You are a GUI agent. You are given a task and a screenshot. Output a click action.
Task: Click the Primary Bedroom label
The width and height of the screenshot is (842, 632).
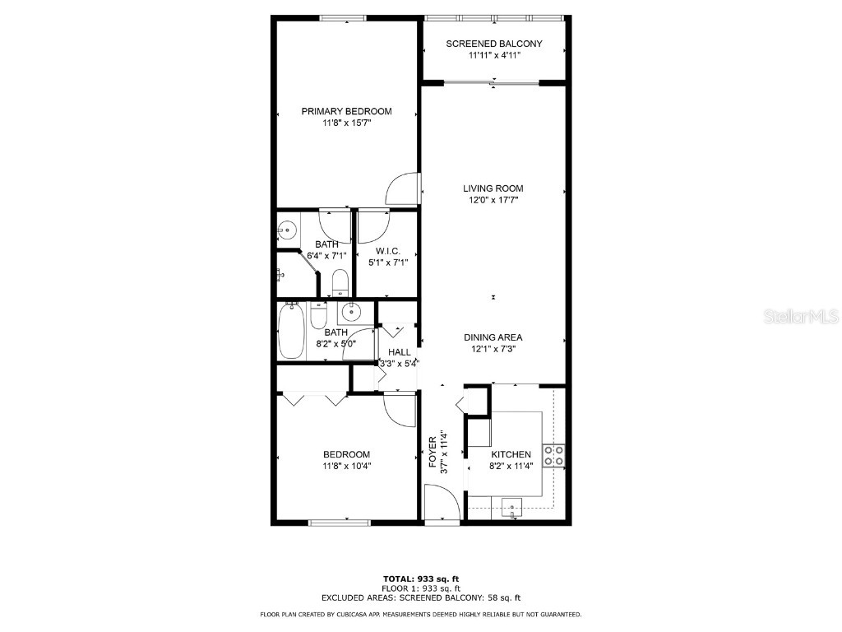[x=346, y=112]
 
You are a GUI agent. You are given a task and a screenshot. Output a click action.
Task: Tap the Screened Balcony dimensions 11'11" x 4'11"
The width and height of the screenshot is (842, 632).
[x=494, y=56]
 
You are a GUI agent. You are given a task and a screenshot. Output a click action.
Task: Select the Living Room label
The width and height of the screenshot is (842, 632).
[x=493, y=188]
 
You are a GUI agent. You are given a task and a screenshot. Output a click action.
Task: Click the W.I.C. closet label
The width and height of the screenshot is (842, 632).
[x=387, y=251]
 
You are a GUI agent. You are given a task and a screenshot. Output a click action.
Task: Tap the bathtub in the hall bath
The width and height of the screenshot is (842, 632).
[x=292, y=331]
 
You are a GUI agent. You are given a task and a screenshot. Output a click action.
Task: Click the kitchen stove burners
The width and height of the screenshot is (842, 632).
[x=553, y=455]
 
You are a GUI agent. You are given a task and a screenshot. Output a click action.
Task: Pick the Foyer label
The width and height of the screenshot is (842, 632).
[x=433, y=451]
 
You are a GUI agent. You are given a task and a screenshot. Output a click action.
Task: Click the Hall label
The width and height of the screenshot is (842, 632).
[x=400, y=352]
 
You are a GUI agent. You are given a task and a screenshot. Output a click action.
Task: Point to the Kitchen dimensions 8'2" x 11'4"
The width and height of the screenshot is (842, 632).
[x=511, y=465]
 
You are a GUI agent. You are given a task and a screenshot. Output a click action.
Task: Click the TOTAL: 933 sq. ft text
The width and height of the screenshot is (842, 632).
[x=420, y=579]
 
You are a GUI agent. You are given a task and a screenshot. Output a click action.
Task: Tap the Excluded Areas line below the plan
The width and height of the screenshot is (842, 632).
[x=420, y=598]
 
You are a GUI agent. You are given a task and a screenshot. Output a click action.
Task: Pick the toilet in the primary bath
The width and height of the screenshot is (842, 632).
[x=339, y=284]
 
